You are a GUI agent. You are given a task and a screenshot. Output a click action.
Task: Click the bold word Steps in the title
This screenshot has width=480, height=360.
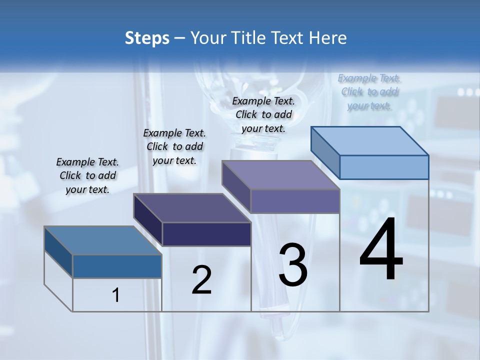147,38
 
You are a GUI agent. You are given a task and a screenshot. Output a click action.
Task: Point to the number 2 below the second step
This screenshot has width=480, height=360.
201,280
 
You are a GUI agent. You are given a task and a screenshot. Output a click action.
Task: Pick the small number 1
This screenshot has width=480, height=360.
116,295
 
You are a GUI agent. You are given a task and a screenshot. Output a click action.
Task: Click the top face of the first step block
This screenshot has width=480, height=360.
103,240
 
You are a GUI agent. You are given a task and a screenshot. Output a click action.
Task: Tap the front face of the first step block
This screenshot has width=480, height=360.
117,266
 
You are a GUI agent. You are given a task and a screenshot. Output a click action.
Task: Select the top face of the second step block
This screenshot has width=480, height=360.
192,208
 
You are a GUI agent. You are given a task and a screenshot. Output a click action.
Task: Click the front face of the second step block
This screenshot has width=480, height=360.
206,234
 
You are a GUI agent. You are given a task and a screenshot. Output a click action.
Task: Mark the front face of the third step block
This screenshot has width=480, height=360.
295,201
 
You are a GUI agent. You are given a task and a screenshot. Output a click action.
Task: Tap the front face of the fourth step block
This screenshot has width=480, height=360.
384,167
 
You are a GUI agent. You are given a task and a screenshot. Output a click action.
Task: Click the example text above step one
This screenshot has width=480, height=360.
87,175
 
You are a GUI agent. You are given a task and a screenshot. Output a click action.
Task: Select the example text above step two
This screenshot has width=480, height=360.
174,146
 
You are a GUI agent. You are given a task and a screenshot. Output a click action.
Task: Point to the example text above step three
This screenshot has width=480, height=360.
263,114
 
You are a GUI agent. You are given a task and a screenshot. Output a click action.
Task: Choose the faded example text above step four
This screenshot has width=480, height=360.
369,91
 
